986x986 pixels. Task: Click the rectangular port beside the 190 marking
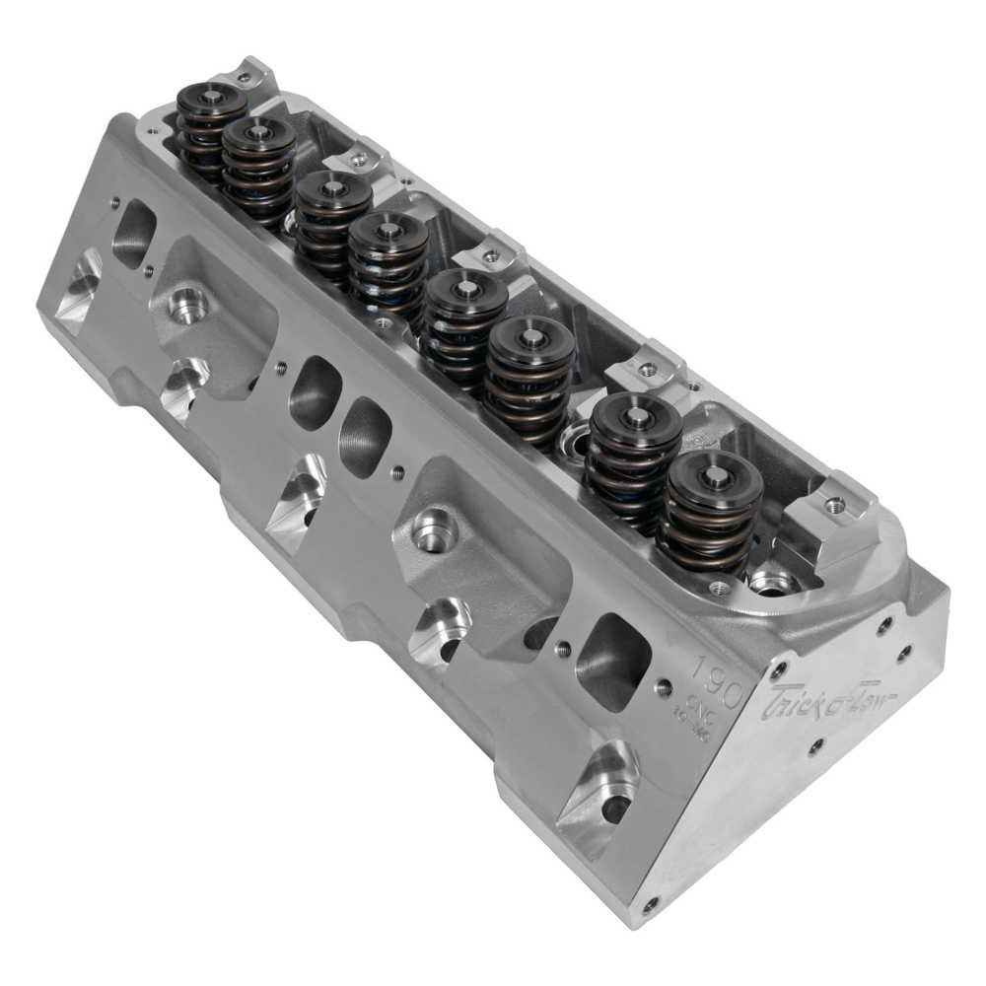pos(612,660)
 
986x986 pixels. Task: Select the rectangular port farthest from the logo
pos(133,235)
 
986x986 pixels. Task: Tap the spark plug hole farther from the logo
pos(187,306)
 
